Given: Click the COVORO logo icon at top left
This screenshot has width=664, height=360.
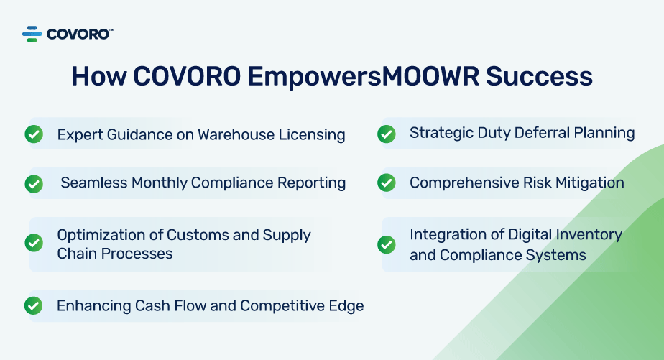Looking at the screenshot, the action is point(32,34).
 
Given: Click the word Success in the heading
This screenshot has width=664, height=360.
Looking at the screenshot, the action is point(539,76).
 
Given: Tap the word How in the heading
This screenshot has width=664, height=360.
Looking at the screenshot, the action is point(98,76).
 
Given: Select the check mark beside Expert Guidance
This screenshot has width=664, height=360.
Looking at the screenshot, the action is point(34,134).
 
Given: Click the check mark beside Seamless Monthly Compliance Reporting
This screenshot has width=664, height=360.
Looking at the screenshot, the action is point(34,184).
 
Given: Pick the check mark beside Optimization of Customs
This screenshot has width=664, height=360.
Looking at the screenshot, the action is point(34,243).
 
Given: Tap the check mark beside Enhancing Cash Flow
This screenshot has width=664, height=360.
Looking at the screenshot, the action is point(34,306).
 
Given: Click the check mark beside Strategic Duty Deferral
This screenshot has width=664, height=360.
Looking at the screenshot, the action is point(386,134).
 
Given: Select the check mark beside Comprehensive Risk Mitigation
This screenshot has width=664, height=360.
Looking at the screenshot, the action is point(386,183).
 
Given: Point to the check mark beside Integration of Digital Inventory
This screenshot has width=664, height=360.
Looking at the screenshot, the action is point(386,244).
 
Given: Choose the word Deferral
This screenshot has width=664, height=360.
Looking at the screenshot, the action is point(543,132).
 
